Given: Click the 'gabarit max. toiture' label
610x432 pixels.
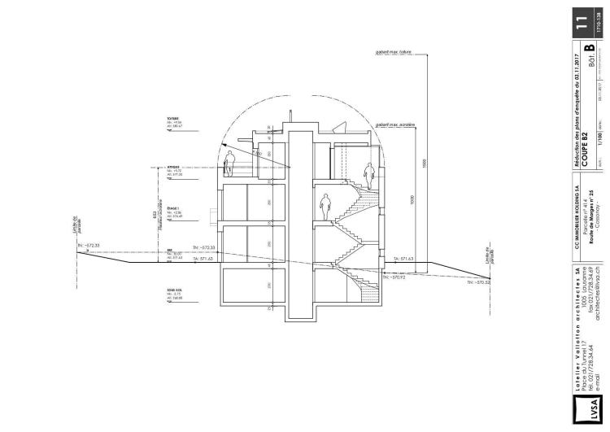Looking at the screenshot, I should (x=394, y=51).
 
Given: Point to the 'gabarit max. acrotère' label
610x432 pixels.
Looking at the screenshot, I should (x=396, y=124).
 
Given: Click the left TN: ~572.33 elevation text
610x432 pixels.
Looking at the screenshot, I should (x=92, y=243).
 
